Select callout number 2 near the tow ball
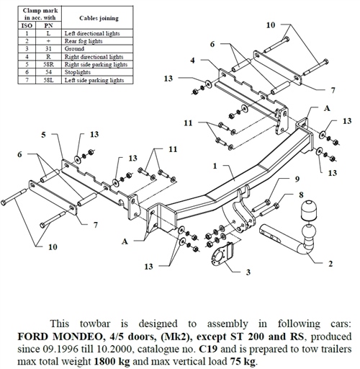[x=330, y=264]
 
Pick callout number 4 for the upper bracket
[x=193, y=60]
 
